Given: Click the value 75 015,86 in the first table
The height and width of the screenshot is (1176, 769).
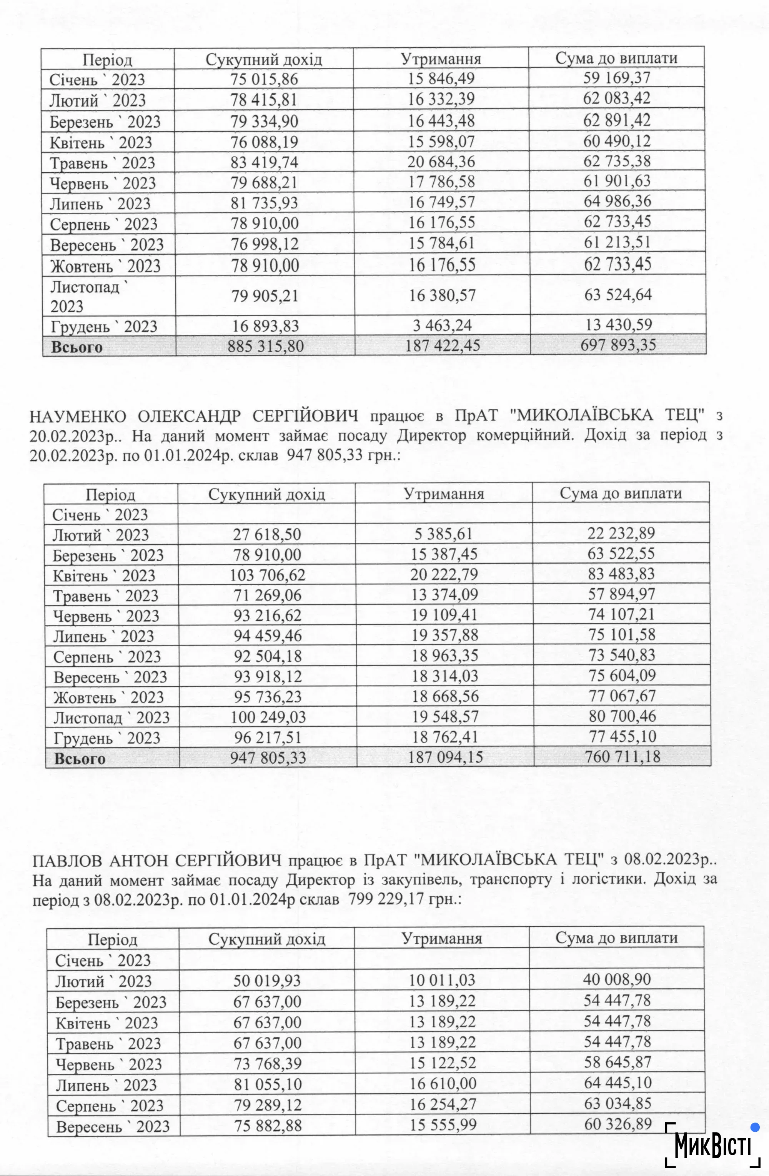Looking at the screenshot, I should tap(264, 80).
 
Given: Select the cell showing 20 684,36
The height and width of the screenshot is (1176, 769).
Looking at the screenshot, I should tap(441, 162).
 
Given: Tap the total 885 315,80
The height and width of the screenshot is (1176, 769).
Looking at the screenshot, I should tap(265, 346).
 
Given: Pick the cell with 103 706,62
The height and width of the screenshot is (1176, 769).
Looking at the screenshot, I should tap(267, 575).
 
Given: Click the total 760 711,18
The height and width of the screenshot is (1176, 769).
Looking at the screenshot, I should tap(622, 756).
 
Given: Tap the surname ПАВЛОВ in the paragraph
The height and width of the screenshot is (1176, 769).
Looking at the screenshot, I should tap(67, 860).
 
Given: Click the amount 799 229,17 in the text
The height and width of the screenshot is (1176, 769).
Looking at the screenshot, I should tap(386, 898).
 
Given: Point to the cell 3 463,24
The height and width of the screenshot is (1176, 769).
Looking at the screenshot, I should tap(441, 325).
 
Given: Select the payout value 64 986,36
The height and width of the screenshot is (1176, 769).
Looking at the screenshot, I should tap(618, 202).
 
